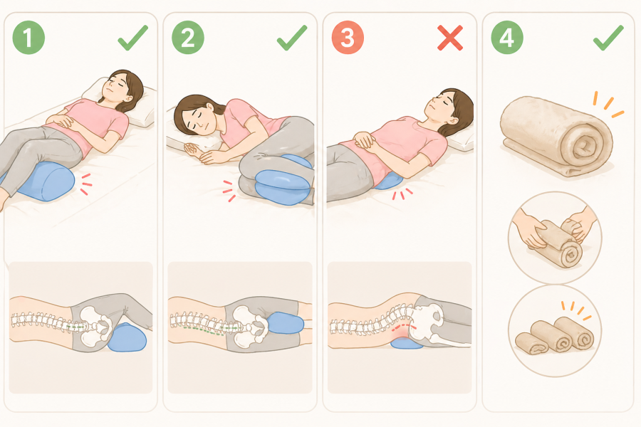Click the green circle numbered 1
click(28, 38)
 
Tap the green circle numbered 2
click(188, 38)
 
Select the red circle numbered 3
click(348, 38)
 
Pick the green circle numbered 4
click(507, 38)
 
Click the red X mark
click(450, 38)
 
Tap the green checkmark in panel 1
click(133, 38)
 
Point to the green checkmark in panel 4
click(608, 38)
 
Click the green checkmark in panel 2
click(292, 38)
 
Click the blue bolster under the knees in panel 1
click(45, 181)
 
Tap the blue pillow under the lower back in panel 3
click(388, 181)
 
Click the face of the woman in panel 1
click(118, 87)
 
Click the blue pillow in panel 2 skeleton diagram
click(286, 323)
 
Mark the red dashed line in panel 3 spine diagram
click(404, 327)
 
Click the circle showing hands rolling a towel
click(555, 238)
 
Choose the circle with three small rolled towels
click(555, 331)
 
